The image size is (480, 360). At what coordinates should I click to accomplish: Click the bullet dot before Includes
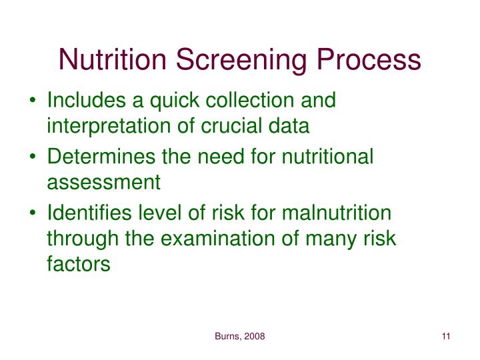[35, 102]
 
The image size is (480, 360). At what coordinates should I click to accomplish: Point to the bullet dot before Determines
[35, 157]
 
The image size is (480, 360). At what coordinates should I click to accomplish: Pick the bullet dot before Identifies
[35, 213]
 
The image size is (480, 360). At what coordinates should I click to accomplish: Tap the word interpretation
[111, 126]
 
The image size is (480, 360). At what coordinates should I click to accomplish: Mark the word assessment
[103, 181]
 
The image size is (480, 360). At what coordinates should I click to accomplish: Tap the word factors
[78, 262]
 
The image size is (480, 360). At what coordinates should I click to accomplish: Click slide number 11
[446, 337]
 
